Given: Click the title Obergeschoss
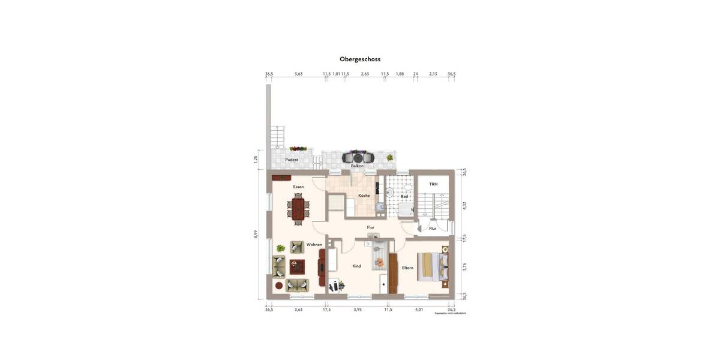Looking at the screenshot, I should pyautogui.click(x=360, y=59).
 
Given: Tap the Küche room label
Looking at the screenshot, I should pyautogui.click(x=364, y=196).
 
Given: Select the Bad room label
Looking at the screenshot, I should pyautogui.click(x=404, y=196).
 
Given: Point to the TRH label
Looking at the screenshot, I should pyautogui.click(x=433, y=184).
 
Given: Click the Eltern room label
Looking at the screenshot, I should pyautogui.click(x=407, y=268).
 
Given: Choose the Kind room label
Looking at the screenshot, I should pyautogui.click(x=356, y=266).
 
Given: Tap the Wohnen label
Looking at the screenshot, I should pyautogui.click(x=314, y=245).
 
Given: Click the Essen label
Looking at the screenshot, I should pyautogui.click(x=298, y=187).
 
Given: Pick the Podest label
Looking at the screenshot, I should pyautogui.click(x=292, y=160).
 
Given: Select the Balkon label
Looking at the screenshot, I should pyautogui.click(x=357, y=166).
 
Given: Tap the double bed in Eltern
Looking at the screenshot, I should pyautogui.click(x=433, y=265).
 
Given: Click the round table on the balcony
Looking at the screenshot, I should pyautogui.click(x=358, y=158).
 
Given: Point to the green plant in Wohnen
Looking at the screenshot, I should pyautogui.click(x=280, y=248).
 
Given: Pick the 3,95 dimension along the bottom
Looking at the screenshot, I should pyautogui.click(x=358, y=310).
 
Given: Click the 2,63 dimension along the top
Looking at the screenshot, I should pyautogui.click(x=364, y=74).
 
